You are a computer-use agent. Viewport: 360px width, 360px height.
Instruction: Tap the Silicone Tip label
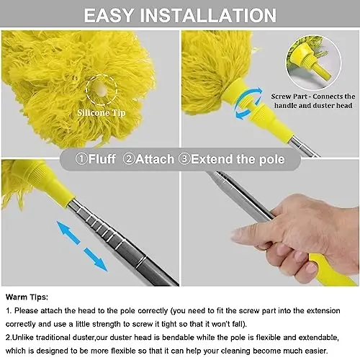click(x=99, y=112)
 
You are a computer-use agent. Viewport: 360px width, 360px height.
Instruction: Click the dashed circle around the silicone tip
click(x=101, y=89)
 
